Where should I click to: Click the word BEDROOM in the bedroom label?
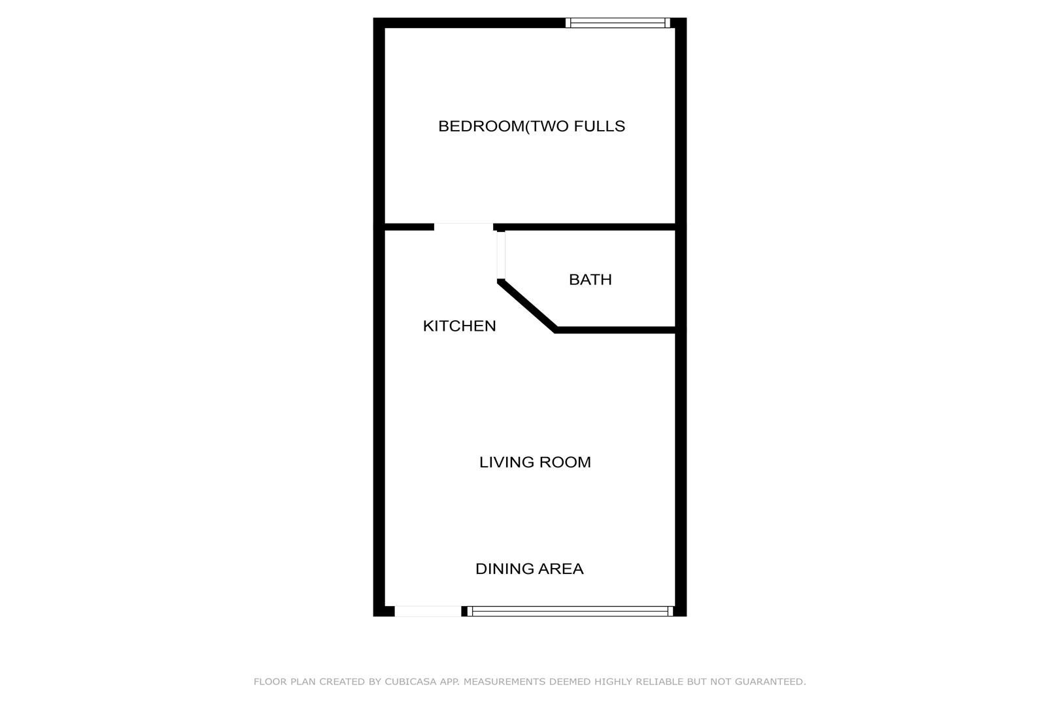pyautogui.click(x=481, y=126)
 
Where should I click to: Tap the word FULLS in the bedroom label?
pyautogui.click(x=599, y=126)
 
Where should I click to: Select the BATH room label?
pyautogui.click(x=590, y=280)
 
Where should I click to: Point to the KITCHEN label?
pyautogui.click(x=459, y=326)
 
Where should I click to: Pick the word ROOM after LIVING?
pyautogui.click(x=565, y=462)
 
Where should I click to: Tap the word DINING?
pyautogui.click(x=504, y=569)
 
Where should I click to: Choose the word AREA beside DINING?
pyautogui.click(x=560, y=569)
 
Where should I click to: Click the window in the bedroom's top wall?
pyautogui.click(x=618, y=23)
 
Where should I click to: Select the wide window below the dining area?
pyautogui.click(x=570, y=611)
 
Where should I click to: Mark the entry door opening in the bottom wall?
pyautogui.click(x=428, y=611)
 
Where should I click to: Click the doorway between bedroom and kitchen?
pyautogui.click(x=464, y=227)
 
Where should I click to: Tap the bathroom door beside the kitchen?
pyautogui.click(x=501, y=256)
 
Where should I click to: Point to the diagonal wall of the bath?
pyautogui.click(x=528, y=306)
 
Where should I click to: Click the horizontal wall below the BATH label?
pyautogui.click(x=615, y=330)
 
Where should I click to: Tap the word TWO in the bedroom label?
pyautogui.click(x=549, y=126)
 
